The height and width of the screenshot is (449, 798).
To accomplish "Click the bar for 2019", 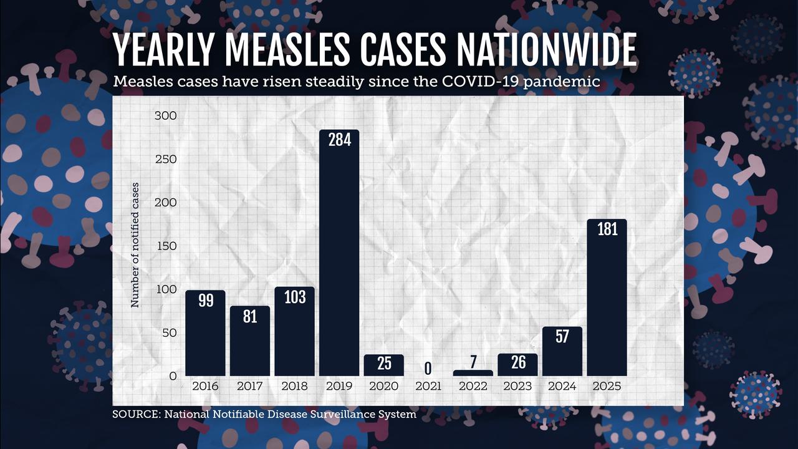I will click(x=339, y=253).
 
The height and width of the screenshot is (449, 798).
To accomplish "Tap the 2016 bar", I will click(x=205, y=333).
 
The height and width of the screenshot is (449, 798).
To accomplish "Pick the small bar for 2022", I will click(x=473, y=373).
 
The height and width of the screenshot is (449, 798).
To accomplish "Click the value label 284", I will click(x=339, y=140).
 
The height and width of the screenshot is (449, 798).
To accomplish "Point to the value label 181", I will click(x=607, y=229).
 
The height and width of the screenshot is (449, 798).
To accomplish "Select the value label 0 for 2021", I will click(x=428, y=368).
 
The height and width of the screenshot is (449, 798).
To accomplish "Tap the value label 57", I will click(x=562, y=337).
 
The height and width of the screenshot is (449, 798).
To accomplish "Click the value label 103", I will click(x=294, y=297).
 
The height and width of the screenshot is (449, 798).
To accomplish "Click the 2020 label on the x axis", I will click(x=383, y=386).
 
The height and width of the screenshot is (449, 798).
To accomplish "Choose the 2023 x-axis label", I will click(x=517, y=386).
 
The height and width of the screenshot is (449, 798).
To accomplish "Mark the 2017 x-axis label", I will click(x=250, y=386).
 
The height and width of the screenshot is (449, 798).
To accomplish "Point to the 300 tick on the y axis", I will click(x=165, y=116).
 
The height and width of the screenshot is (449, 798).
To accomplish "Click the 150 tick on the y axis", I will click(x=165, y=246).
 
